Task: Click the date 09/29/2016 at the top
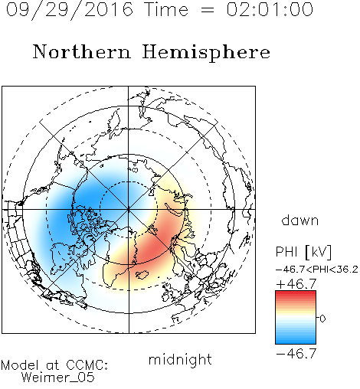(x=69, y=10)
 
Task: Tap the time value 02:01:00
(x=270, y=9)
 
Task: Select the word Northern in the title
(x=82, y=51)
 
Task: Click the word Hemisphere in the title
(x=206, y=53)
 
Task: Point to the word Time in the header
(x=166, y=9)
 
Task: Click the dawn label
(x=300, y=220)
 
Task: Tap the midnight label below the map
(x=180, y=359)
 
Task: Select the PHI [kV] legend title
(x=303, y=252)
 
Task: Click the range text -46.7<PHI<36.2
(x=317, y=270)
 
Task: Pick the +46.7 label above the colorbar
(x=296, y=284)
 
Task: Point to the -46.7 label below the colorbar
(x=296, y=353)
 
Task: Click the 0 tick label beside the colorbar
(x=322, y=319)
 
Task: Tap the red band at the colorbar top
(x=296, y=294)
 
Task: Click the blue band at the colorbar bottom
(x=296, y=340)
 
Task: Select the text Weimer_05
(x=58, y=378)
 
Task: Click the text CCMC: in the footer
(x=87, y=365)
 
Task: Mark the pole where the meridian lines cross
(x=128, y=209)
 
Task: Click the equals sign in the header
(x=208, y=10)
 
